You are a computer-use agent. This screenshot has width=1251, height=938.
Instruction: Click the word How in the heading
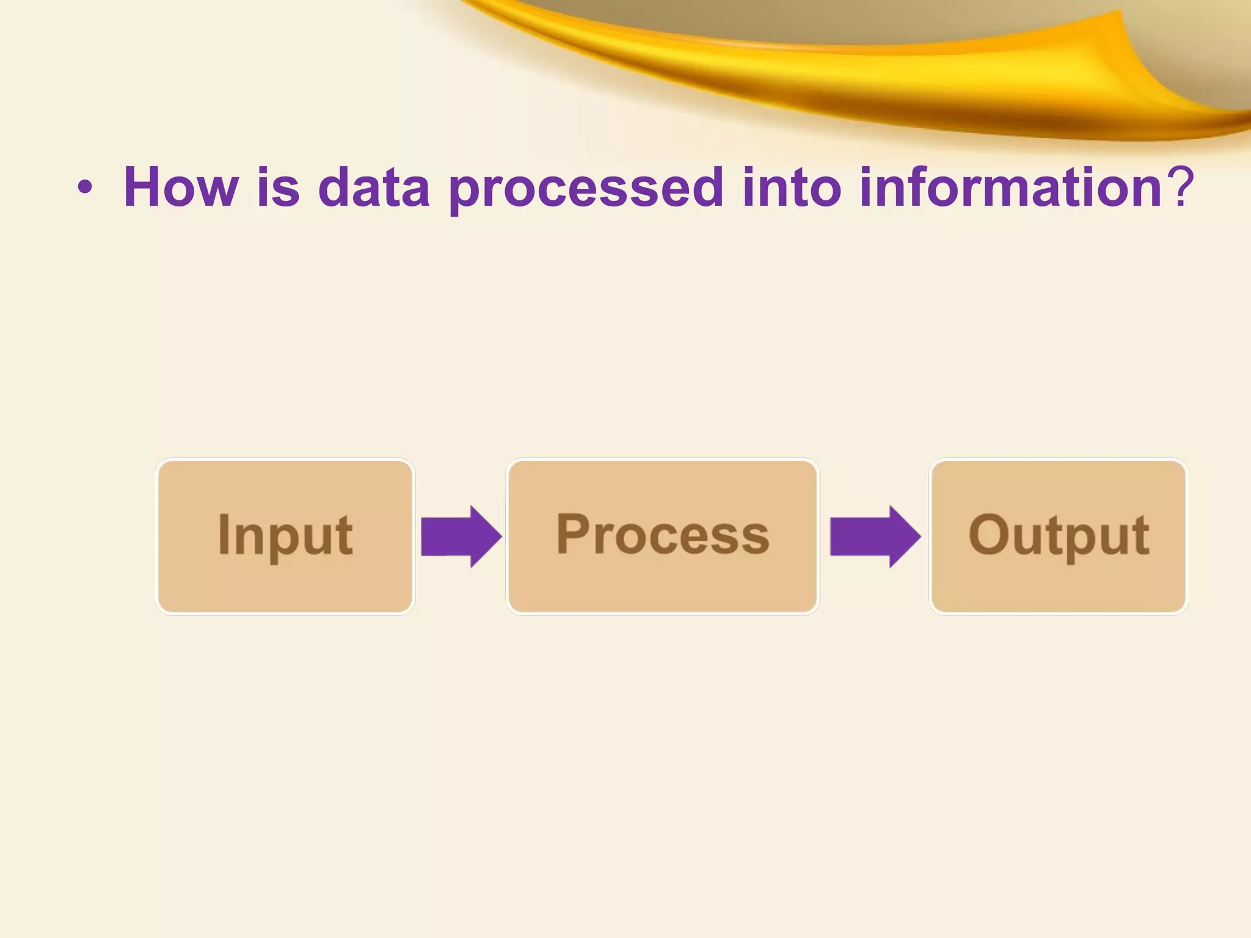click(x=180, y=187)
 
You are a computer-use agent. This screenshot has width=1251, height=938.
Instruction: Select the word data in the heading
click(x=374, y=187)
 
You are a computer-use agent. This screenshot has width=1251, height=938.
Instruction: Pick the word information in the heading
click(x=1010, y=187)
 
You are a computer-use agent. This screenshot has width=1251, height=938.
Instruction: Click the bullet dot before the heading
click(x=86, y=189)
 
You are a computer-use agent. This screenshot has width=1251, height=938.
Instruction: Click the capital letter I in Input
click(x=224, y=534)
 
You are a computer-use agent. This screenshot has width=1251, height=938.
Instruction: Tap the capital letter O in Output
click(x=988, y=534)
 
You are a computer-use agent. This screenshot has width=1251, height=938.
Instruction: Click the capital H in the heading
click(x=144, y=187)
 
